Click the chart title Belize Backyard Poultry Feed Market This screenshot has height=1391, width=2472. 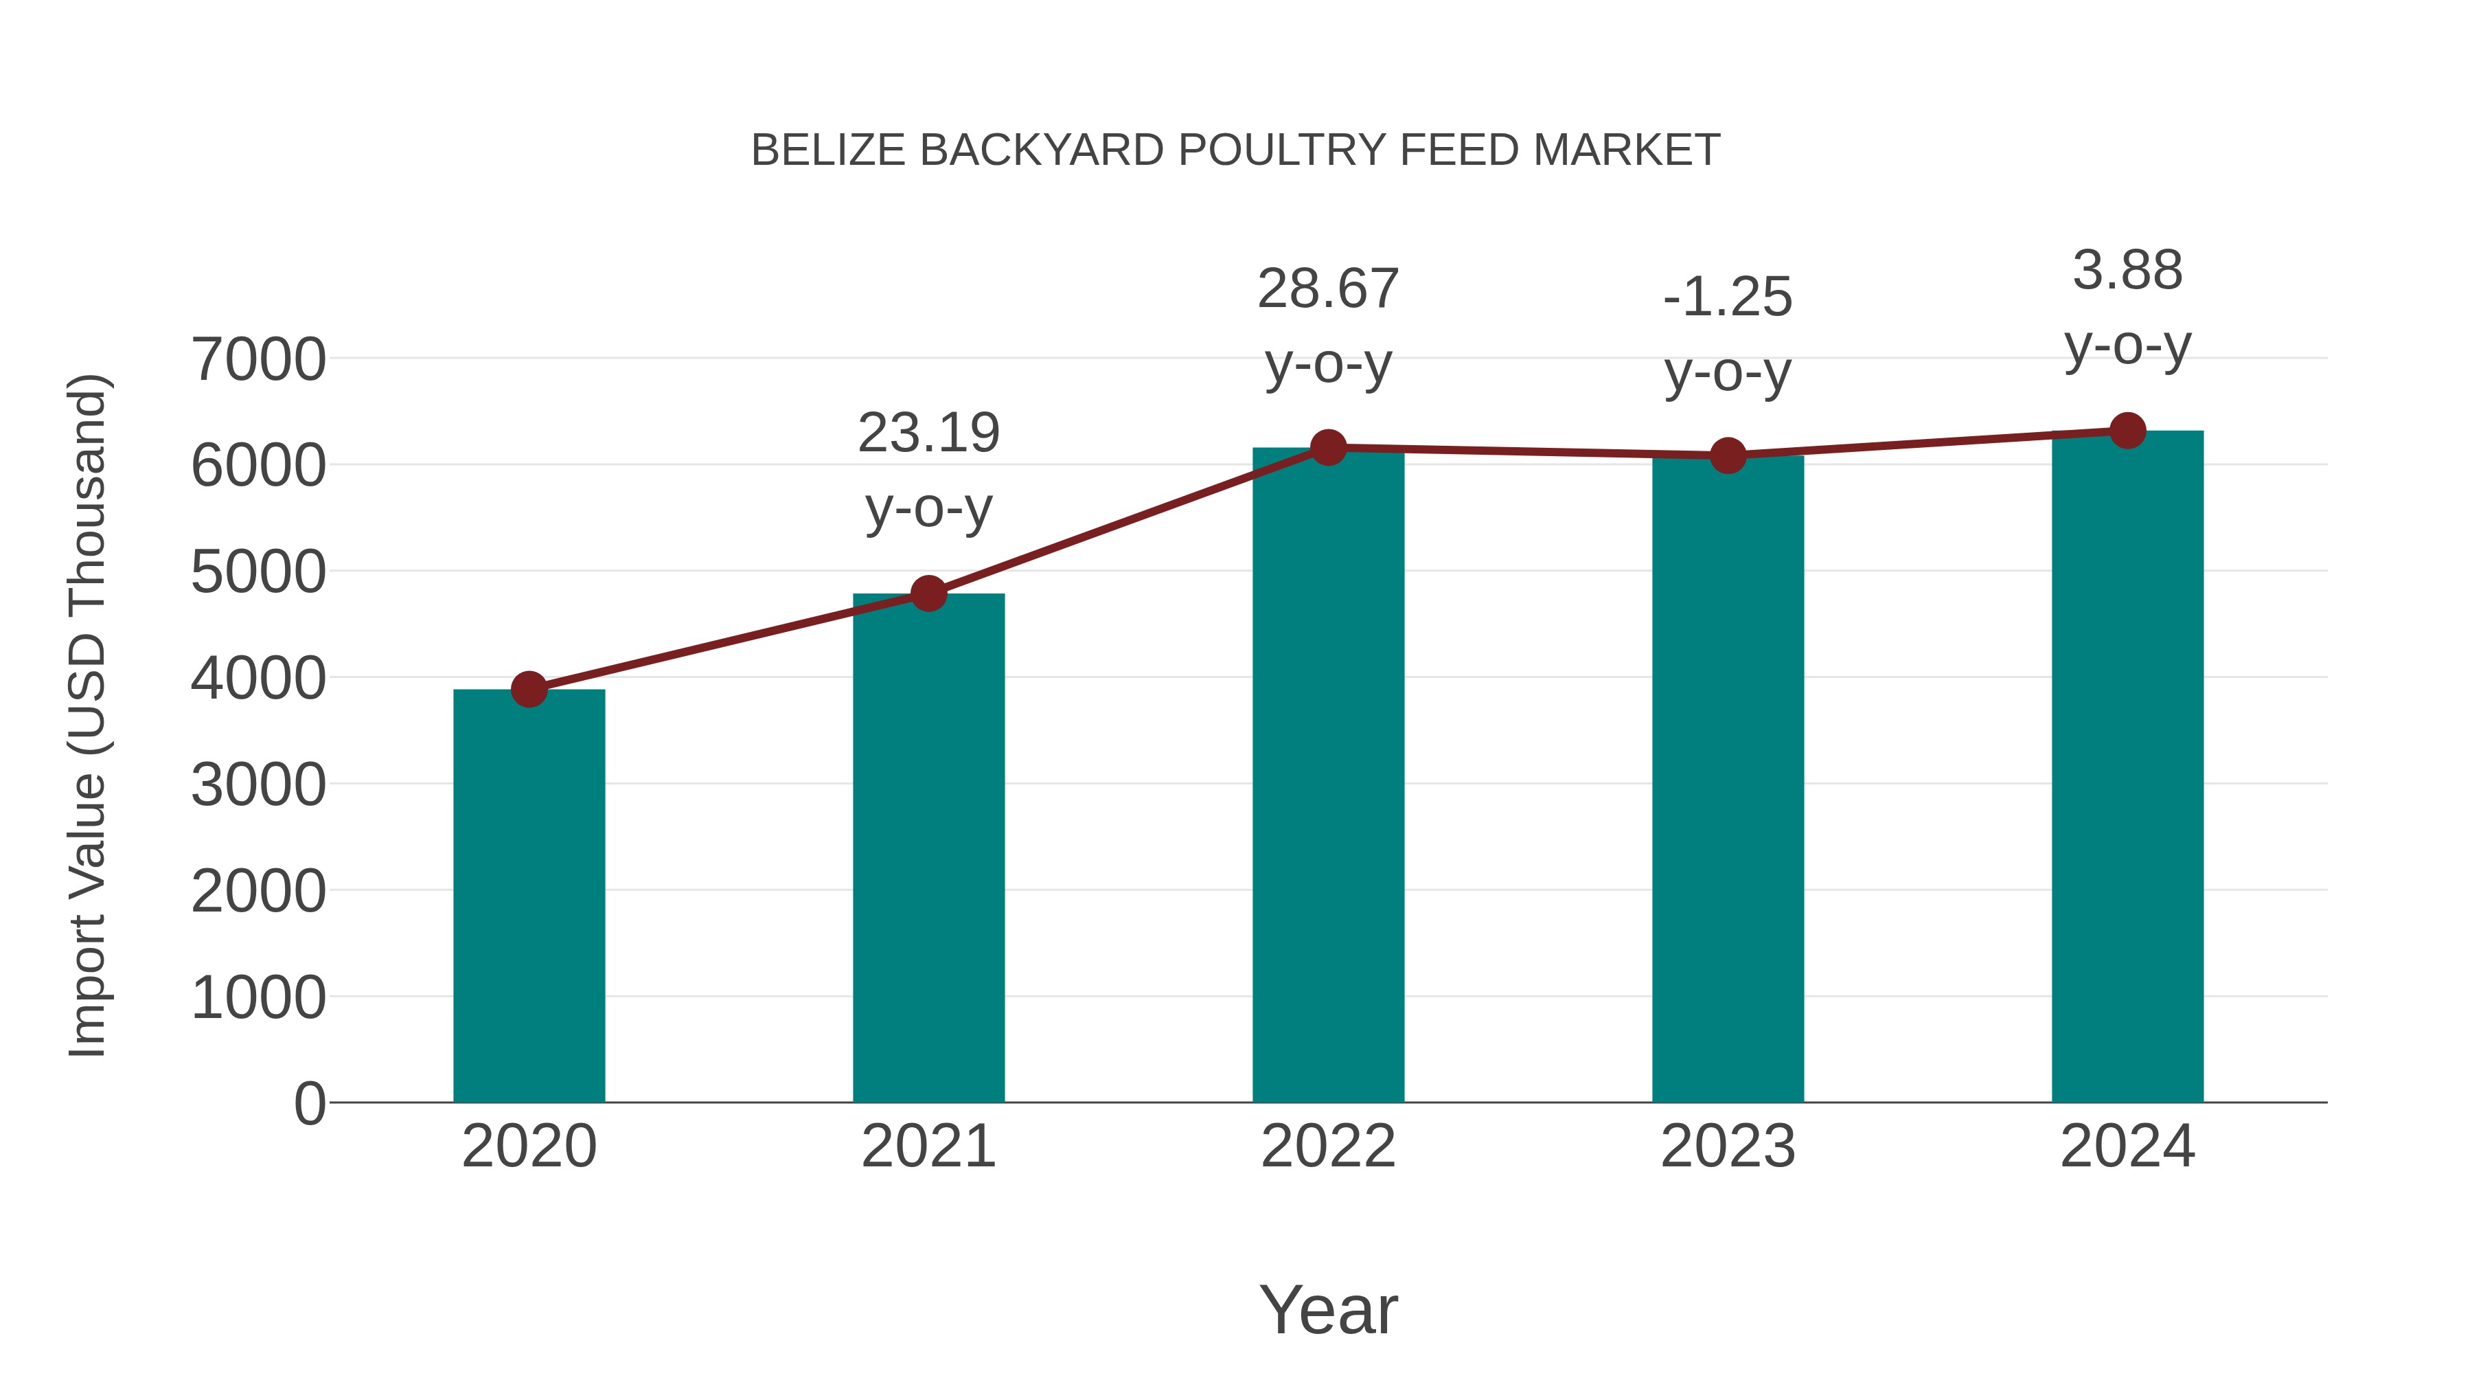(x=1235, y=150)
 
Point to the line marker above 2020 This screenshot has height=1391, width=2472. (x=529, y=689)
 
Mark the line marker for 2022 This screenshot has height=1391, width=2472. (x=1328, y=447)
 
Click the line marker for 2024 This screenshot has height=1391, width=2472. (x=2127, y=431)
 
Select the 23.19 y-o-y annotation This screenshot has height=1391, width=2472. (x=928, y=471)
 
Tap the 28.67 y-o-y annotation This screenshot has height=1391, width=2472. (x=1328, y=326)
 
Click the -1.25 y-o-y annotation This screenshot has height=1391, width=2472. (x=1728, y=334)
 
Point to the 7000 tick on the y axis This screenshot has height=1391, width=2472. (x=258, y=360)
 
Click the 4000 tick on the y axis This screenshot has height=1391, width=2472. (x=258, y=679)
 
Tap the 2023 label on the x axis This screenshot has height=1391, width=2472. (x=1728, y=1146)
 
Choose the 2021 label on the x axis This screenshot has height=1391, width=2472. (x=928, y=1146)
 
